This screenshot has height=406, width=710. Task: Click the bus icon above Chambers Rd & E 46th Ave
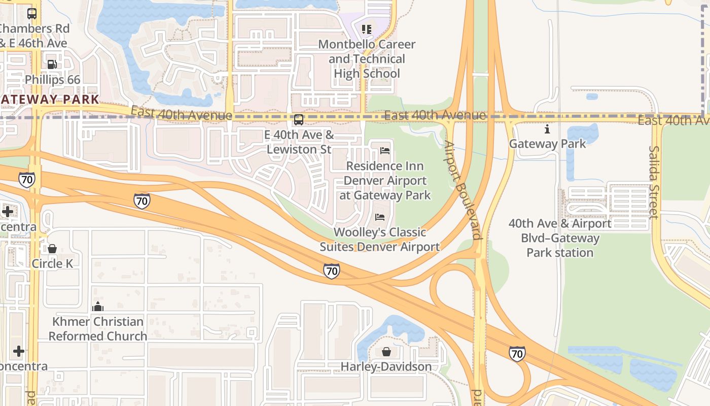[x=32, y=14]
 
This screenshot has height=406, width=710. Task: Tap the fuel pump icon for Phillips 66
[x=52, y=64]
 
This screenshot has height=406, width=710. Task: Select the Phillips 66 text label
[x=52, y=80]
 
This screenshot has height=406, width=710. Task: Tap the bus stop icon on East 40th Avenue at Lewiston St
[x=299, y=120]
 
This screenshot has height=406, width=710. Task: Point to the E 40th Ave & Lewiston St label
[x=299, y=142]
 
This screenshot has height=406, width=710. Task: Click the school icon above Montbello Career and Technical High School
[x=367, y=29]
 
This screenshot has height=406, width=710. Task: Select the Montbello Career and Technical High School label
[x=367, y=59]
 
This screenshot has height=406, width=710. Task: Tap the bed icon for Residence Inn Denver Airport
[x=385, y=151]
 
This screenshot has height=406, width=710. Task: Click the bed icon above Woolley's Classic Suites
[x=379, y=217]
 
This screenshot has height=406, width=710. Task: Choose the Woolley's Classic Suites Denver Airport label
[x=379, y=240]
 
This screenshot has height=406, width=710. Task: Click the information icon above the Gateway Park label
[x=547, y=129]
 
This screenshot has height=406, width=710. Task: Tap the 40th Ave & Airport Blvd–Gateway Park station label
[x=560, y=238]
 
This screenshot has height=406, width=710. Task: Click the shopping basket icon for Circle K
[x=52, y=249]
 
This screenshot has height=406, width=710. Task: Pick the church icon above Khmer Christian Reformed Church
[x=98, y=307]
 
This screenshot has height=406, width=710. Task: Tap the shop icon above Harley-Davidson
[x=386, y=352]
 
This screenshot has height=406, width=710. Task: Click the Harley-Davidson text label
[x=386, y=366]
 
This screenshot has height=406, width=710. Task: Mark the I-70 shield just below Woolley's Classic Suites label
[x=331, y=271]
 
